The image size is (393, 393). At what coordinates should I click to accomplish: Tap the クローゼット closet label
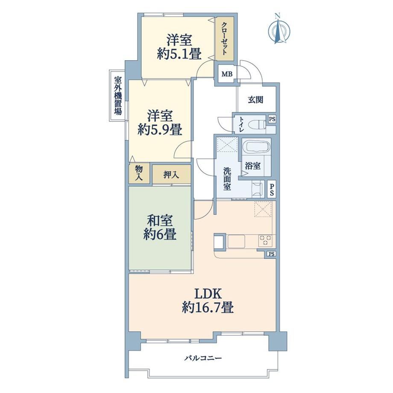(x=225, y=38)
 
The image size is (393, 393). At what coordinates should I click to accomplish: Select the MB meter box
(x=227, y=73)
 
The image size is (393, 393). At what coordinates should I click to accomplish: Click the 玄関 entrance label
(x=255, y=100)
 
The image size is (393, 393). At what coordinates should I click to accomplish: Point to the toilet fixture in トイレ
(x=258, y=124)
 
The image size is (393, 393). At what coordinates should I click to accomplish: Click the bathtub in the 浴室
(x=256, y=147)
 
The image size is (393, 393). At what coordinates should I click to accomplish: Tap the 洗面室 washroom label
(x=227, y=179)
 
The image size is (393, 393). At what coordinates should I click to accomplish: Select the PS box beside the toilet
(x=272, y=119)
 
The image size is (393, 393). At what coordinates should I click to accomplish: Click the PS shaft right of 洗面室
(x=272, y=189)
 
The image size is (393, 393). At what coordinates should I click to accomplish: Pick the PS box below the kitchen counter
(x=271, y=254)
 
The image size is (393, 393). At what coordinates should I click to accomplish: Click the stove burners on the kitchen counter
(x=265, y=240)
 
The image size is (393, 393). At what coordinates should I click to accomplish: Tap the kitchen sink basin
(x=236, y=242)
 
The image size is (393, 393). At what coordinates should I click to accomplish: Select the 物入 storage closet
(x=139, y=173)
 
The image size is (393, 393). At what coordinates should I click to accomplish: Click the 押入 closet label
(x=171, y=175)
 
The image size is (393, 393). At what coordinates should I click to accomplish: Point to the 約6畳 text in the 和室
(x=160, y=235)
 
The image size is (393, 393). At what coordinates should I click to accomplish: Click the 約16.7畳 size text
(x=208, y=307)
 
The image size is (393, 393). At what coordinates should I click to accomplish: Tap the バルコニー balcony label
(x=203, y=358)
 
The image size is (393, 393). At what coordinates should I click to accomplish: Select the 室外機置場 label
(x=118, y=96)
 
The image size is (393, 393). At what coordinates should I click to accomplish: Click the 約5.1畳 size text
(x=179, y=54)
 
